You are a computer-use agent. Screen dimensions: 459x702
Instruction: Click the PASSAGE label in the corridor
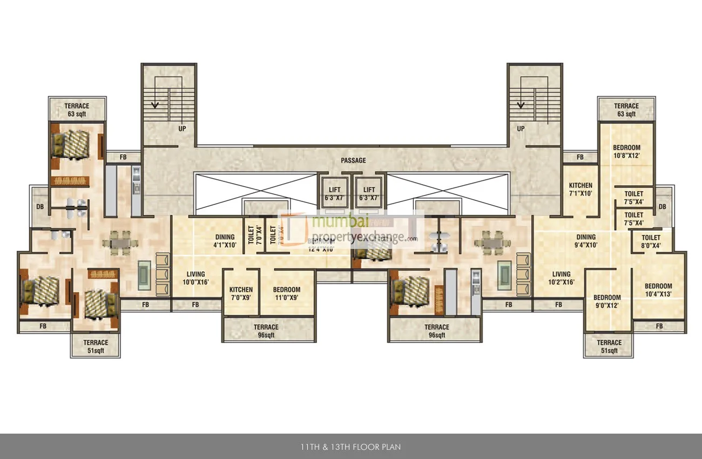(353, 160)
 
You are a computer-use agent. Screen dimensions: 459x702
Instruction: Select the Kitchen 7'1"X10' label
(580, 189)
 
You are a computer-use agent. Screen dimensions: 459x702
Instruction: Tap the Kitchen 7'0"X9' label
(241, 293)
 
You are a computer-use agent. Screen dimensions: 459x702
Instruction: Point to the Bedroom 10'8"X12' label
(626, 152)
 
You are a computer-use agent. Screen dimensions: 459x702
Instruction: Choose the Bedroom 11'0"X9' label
(286, 293)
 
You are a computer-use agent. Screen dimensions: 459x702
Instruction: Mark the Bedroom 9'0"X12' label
(607, 301)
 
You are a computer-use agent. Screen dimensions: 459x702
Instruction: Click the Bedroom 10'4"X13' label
(658, 290)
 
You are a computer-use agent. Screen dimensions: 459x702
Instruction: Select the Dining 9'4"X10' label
(586, 241)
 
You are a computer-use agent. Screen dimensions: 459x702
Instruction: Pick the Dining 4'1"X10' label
(225, 241)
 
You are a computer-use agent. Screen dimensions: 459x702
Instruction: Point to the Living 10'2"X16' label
(561, 278)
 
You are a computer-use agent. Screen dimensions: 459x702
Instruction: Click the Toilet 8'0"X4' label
(651, 241)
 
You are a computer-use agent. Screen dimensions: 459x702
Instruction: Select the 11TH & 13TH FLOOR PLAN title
(350, 447)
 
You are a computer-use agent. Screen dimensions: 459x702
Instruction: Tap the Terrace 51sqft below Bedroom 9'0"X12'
(609, 346)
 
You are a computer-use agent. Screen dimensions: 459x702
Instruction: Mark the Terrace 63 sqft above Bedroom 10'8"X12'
(626, 110)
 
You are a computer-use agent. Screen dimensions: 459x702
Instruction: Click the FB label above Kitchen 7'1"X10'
(580, 157)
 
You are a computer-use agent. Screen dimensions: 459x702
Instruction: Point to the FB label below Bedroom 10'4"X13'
(659, 326)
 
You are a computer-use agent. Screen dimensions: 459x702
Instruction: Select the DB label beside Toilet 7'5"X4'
(663, 206)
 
